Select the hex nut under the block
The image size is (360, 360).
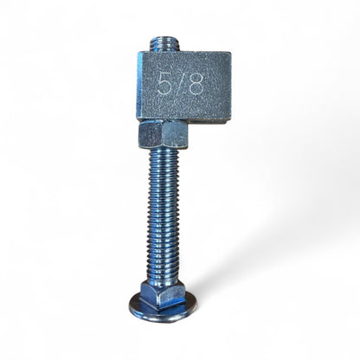point(163,136)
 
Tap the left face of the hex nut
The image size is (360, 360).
point(148,136)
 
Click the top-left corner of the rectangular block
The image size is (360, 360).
point(139,54)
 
